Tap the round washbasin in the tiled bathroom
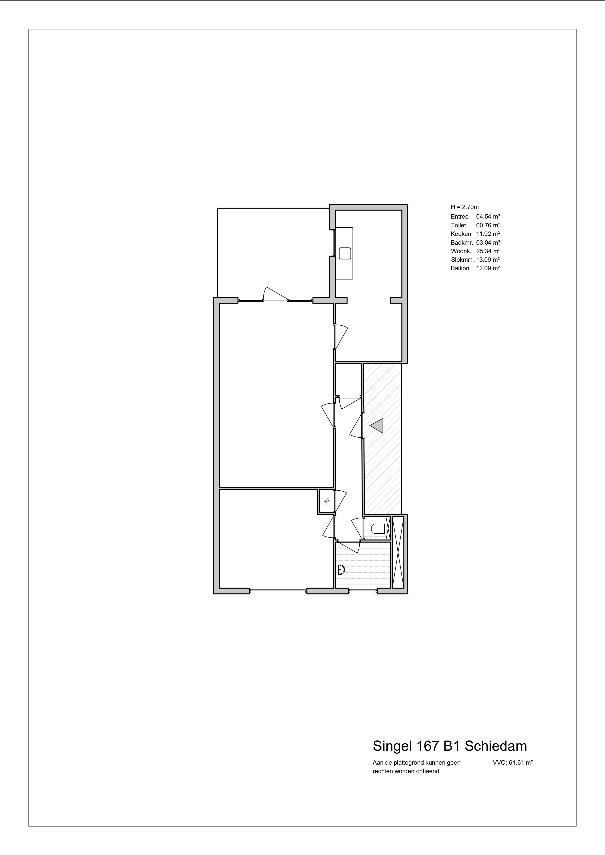tap(340, 569)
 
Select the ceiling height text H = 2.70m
tap(464, 207)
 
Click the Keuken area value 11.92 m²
tap(488, 234)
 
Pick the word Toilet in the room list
tap(458, 225)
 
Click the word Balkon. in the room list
tap(461, 268)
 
